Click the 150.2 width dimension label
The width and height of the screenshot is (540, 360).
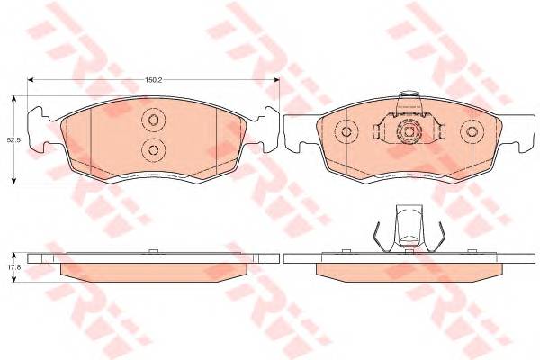coord(153,79)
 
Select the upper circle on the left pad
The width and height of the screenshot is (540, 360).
coord(154,120)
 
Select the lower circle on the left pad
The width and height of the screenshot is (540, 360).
coord(154,150)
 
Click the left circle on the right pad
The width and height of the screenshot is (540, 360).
coord(346,131)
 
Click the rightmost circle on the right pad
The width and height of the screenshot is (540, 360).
coord(472,131)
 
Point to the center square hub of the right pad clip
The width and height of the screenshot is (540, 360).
coord(409,132)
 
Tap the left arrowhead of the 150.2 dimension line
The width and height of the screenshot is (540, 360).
coord(31,80)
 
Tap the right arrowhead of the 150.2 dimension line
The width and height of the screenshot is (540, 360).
coord(276,80)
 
